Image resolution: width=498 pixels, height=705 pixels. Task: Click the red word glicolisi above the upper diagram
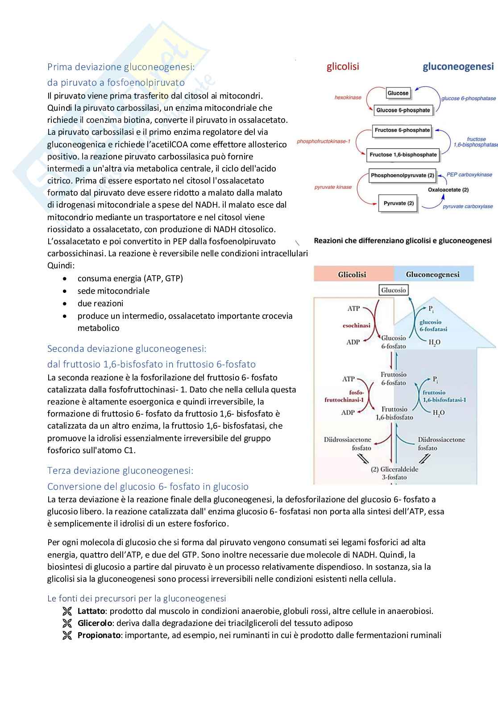coord(343,67)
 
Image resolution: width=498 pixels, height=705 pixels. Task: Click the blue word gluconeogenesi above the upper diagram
coord(458,67)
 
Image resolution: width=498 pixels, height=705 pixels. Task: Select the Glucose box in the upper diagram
coord(398,93)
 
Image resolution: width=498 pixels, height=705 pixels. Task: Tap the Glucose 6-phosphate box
coord(403,110)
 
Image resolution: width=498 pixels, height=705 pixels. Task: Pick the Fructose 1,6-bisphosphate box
coord(403,155)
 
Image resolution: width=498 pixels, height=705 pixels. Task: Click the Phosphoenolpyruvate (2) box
coord(403,175)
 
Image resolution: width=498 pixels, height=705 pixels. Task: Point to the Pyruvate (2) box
coord(398,204)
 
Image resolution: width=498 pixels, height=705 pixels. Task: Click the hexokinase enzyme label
coord(348,97)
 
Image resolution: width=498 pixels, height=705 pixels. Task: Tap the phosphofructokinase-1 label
coord(324,142)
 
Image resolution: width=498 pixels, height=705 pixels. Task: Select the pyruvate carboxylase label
coord(468,206)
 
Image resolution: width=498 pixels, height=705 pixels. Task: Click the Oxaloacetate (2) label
coord(448,190)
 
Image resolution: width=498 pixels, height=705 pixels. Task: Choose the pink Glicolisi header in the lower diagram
coord(352,275)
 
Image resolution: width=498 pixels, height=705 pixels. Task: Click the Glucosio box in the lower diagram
coord(394,290)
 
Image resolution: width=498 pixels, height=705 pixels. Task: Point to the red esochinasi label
coord(357,325)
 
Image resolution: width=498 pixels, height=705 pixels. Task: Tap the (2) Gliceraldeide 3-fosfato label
coord(394,473)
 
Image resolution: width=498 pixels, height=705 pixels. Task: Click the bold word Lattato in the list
coord(91,611)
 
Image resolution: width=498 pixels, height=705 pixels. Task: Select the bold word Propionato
coord(99,635)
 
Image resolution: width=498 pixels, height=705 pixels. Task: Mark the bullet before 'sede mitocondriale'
coord(66,291)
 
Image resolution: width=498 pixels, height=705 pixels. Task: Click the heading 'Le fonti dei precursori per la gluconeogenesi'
coord(137,598)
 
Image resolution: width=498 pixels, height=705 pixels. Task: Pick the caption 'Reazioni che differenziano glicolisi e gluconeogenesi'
coord(403,241)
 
